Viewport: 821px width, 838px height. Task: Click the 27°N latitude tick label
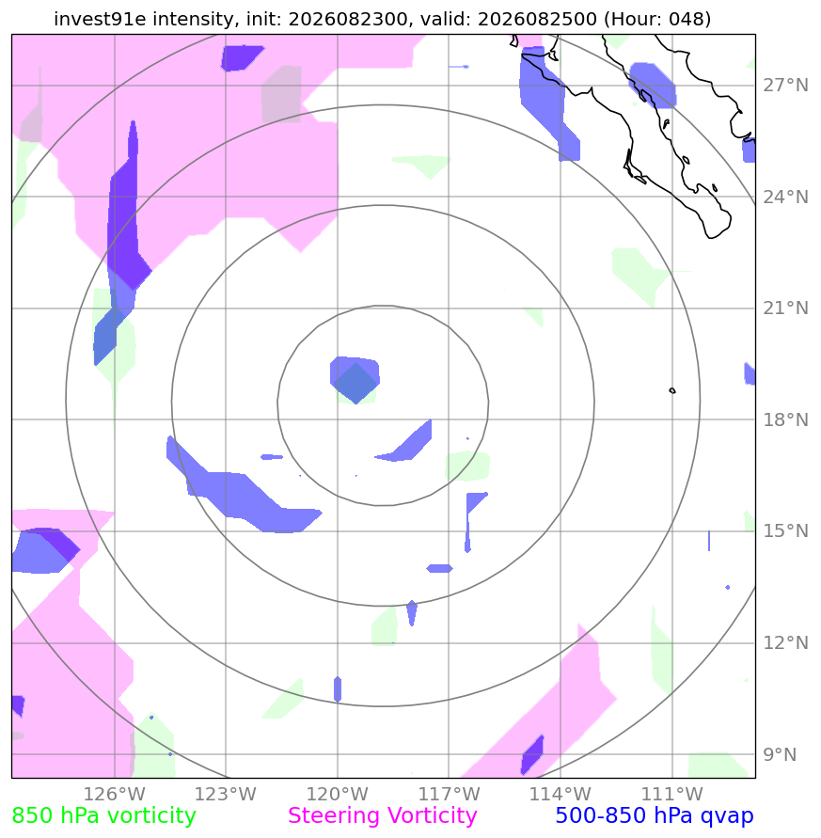click(x=785, y=86)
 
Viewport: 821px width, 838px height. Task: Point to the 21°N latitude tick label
click(x=785, y=308)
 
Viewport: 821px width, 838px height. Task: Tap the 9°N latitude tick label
click(x=780, y=754)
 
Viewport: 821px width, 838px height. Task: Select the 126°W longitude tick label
click(x=115, y=794)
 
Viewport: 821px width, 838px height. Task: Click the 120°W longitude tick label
click(x=338, y=794)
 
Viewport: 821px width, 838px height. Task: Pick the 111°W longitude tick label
click(x=671, y=794)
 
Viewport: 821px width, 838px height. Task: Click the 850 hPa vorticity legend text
click(x=103, y=816)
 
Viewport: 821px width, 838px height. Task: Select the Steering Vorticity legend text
click(x=382, y=816)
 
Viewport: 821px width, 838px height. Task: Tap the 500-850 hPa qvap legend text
click(x=655, y=816)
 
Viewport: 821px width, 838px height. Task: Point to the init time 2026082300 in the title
click(x=348, y=19)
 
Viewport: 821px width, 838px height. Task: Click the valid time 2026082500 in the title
click(x=537, y=19)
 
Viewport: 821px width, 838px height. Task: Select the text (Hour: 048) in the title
click(x=657, y=19)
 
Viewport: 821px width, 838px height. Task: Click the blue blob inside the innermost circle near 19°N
click(x=355, y=378)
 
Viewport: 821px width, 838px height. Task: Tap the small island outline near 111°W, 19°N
click(x=672, y=390)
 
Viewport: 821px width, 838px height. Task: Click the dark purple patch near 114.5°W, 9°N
click(x=532, y=754)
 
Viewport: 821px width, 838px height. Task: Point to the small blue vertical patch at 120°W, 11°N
click(x=338, y=688)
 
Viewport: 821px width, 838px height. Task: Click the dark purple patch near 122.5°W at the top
click(x=241, y=57)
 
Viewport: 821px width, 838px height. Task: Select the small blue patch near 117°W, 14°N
click(x=439, y=568)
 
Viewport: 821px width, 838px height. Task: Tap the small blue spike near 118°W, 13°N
click(x=412, y=612)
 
